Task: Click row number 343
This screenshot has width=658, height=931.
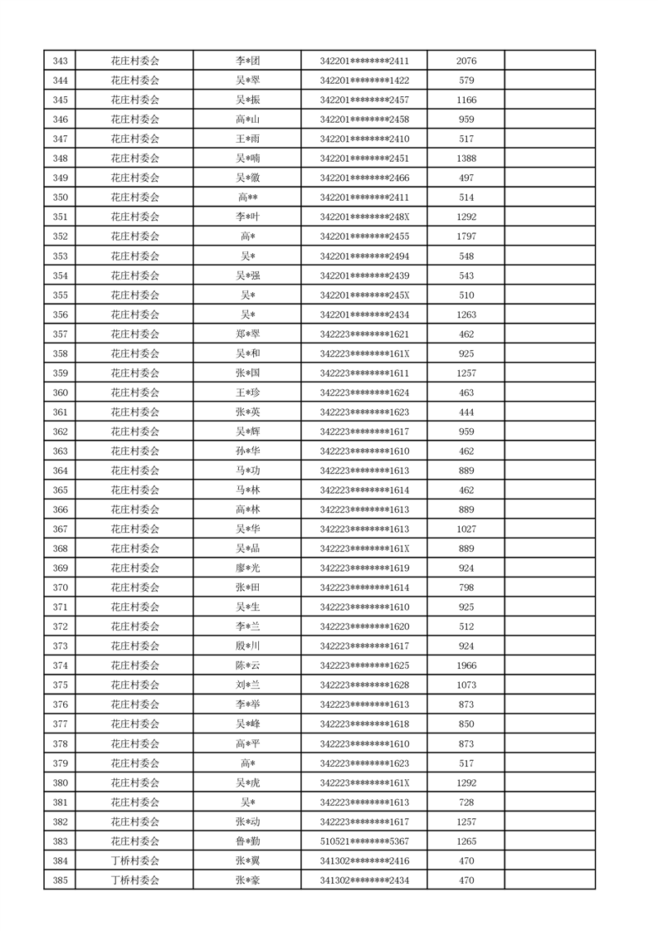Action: [60, 61]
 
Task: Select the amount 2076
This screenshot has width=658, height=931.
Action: [466, 61]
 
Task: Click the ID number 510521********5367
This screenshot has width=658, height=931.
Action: [364, 841]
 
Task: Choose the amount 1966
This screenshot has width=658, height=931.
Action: [466, 665]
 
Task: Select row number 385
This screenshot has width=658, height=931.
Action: [60, 880]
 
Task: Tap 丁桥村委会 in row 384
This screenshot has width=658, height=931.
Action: [134, 861]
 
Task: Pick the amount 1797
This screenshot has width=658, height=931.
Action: [466, 236]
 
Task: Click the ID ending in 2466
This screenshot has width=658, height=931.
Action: [364, 178]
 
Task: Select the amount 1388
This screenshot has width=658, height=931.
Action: [466, 158]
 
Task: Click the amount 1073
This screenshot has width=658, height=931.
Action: [466, 685]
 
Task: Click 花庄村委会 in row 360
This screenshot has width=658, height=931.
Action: [134, 392]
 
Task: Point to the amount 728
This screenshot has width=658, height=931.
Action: [466, 802]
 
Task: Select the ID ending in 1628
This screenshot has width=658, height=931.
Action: [364, 685]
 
